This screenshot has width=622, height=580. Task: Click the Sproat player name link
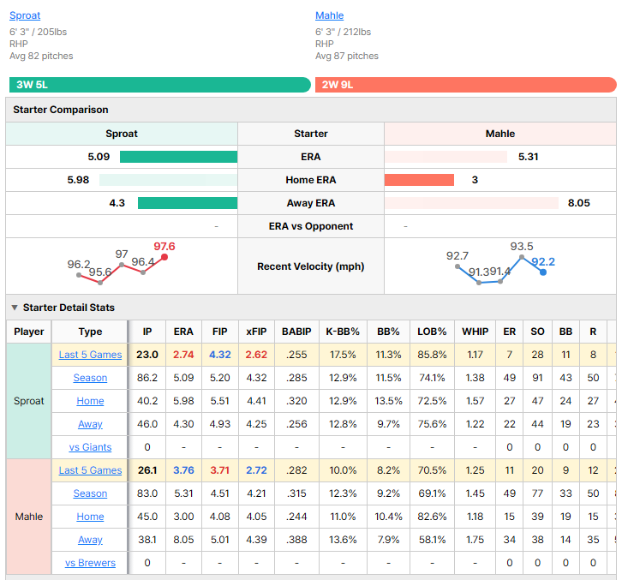(25, 15)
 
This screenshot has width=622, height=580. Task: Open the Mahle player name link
(329, 15)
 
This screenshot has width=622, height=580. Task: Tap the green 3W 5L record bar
(160, 85)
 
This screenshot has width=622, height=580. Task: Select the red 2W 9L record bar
(466, 85)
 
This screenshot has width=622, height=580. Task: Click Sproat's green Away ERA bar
(188, 203)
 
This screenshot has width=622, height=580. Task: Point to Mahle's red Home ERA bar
(419, 180)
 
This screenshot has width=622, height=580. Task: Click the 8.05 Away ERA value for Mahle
(579, 203)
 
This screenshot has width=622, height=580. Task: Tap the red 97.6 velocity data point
(164, 257)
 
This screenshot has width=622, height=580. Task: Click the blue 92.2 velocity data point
(543, 272)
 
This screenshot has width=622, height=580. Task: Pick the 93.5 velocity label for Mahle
(522, 247)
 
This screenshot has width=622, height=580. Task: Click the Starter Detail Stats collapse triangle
(15, 308)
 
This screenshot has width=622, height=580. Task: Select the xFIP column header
(256, 332)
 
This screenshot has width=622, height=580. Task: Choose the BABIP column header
(296, 332)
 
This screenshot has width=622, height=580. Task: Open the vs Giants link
(90, 447)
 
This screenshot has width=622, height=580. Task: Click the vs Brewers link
(90, 563)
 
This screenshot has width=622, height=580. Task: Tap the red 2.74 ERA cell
(183, 355)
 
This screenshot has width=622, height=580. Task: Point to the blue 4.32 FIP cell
(220, 355)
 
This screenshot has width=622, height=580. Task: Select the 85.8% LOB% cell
(432, 355)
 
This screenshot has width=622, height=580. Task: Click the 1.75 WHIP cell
(475, 540)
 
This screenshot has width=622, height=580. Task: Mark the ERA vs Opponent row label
(311, 226)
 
